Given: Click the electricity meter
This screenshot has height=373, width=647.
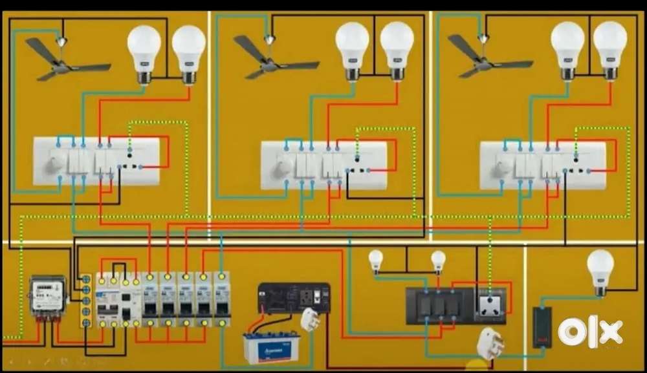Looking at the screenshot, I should [x=48, y=297].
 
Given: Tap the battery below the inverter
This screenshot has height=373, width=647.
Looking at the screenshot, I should [x=270, y=348].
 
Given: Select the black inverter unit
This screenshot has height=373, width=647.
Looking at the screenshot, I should [x=293, y=298].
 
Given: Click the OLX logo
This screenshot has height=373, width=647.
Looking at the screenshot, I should [x=589, y=332].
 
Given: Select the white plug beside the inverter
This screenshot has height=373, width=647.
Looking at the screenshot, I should [x=310, y=319].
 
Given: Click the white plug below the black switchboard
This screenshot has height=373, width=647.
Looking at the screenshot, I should [x=490, y=343].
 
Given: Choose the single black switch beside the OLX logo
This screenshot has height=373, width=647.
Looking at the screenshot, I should [x=542, y=326].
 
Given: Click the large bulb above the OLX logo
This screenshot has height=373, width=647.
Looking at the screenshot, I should [x=600, y=270].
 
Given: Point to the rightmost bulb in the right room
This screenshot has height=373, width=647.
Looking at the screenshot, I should [x=609, y=48].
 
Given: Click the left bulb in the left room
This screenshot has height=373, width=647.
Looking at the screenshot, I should [x=144, y=52].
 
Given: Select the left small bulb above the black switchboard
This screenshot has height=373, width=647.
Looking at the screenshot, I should [x=376, y=261].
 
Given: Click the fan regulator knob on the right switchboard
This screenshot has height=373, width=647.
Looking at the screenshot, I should [x=501, y=169].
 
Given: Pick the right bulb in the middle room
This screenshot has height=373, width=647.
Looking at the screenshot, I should [x=397, y=49].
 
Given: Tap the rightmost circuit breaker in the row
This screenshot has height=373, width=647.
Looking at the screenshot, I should [x=222, y=298].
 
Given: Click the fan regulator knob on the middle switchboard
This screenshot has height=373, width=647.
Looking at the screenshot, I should [x=283, y=169].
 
